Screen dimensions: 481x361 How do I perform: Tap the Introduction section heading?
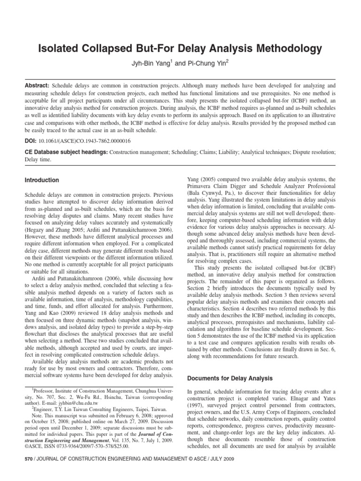(42, 180)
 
